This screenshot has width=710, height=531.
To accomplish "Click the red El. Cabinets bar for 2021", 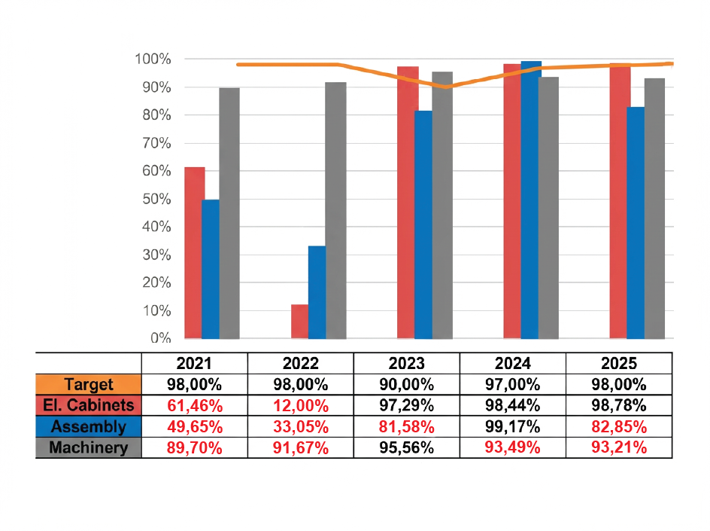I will pyautogui.click(x=194, y=252).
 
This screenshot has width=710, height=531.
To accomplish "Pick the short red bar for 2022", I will pyautogui.click(x=299, y=322).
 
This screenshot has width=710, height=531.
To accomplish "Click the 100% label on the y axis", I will pyautogui.click(x=153, y=60).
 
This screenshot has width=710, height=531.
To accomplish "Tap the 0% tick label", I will pyautogui.click(x=159, y=338).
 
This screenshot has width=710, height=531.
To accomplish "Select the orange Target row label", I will pyautogui.click(x=89, y=384).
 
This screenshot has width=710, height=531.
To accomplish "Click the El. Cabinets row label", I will pyautogui.click(x=89, y=405).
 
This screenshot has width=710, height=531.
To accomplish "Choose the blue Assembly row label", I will pyautogui.click(x=89, y=426).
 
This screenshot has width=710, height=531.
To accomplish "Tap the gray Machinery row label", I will pyautogui.click(x=89, y=447).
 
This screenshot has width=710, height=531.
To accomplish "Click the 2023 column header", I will pyautogui.click(x=407, y=362).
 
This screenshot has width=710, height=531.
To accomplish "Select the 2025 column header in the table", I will pyautogui.click(x=619, y=362).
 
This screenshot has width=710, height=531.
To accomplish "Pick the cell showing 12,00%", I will pyautogui.click(x=301, y=405).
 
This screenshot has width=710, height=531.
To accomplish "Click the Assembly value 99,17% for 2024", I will pyautogui.click(x=513, y=426).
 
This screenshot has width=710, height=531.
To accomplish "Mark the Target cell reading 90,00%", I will pyautogui.click(x=407, y=384).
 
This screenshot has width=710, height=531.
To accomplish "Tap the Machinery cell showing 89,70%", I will pyautogui.click(x=195, y=447).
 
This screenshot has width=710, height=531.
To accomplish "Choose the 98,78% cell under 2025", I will pyautogui.click(x=619, y=405).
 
